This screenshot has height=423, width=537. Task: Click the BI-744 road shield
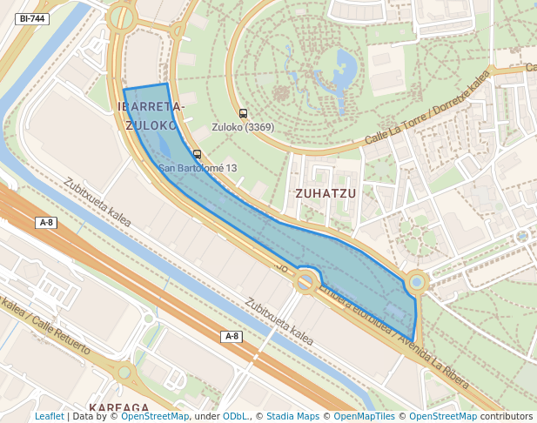pyautogui.click(x=33, y=18)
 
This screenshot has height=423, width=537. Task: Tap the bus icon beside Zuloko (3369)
pyautogui.click(x=243, y=113)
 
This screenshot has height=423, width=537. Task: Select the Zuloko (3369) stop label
pyautogui.click(x=243, y=127)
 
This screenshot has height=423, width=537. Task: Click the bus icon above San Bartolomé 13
pyautogui.click(x=198, y=154)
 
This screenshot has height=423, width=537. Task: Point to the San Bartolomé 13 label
pyautogui.click(x=198, y=168)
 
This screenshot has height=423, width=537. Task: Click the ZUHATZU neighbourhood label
pyautogui.click(x=326, y=193)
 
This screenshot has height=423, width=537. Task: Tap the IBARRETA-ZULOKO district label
pyautogui.click(x=151, y=116)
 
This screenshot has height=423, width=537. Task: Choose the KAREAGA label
pyautogui.click(x=119, y=407)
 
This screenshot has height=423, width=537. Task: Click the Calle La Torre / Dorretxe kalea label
pyautogui.click(x=426, y=109)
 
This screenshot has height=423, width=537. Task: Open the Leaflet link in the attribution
pyautogui.click(x=50, y=417)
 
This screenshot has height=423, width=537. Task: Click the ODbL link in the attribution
pyautogui.click(x=235, y=417)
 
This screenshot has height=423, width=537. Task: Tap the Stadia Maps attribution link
pyautogui.click(x=292, y=417)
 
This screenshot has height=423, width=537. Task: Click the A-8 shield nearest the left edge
pyautogui.click(x=47, y=223)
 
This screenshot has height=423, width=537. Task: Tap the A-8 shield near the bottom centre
pyautogui.click(x=231, y=336)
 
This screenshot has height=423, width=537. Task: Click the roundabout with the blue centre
pyautogui.click(x=417, y=282)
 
